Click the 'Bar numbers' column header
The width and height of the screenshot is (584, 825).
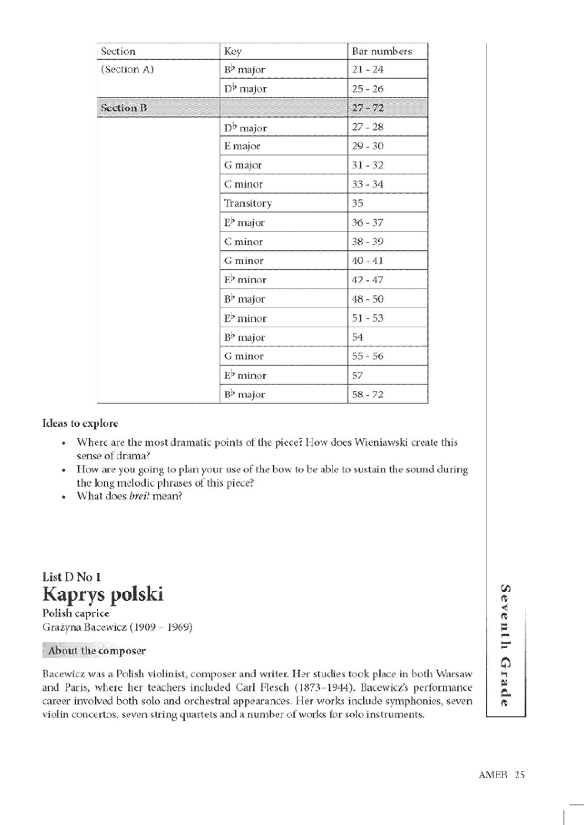point(382,51)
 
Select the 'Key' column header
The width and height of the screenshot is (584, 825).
point(233,51)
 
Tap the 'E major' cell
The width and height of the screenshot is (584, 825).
point(242,146)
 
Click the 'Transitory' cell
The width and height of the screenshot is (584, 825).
point(248,203)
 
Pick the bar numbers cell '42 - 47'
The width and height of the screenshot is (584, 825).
point(367,280)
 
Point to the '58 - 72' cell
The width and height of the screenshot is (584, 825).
point(367,394)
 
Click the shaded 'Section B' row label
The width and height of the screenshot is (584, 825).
point(124,108)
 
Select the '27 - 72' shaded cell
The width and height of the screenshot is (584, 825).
point(367,108)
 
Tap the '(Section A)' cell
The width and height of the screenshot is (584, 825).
point(127,69)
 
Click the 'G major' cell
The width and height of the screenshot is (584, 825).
point(243,165)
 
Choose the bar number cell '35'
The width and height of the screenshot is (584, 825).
point(357,203)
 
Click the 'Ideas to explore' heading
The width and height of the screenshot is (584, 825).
point(80,423)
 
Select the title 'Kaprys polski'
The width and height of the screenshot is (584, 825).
point(103,594)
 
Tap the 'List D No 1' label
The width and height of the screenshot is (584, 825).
point(72,577)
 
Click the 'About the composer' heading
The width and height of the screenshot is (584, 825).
point(97,650)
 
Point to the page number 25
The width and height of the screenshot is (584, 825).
point(519,774)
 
